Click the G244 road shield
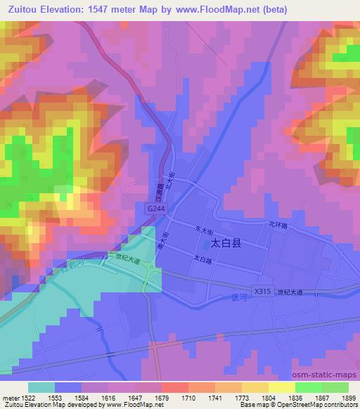point(157,209)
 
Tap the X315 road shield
point(262,290)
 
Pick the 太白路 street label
point(202,259)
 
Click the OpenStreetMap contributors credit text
point(321,405)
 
